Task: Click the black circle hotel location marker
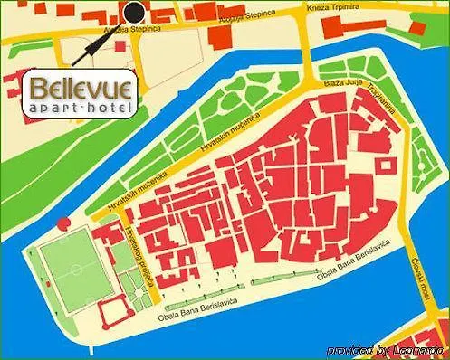pos(134,12)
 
